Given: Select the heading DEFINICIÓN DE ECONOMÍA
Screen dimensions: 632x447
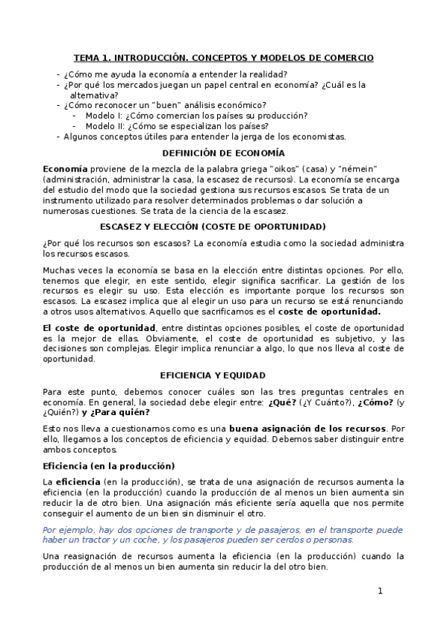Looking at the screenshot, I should (223, 153).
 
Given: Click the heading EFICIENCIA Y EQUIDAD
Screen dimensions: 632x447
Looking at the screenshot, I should (223, 375).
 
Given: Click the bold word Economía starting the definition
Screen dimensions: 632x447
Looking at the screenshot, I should (65, 168).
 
